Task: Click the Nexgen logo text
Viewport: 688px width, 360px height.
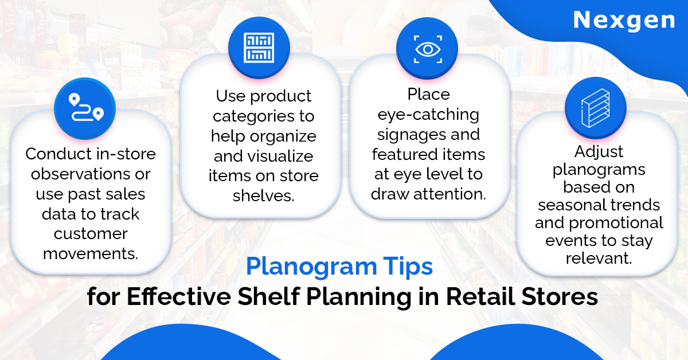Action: point(624,21)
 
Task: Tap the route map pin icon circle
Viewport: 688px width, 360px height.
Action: point(85,108)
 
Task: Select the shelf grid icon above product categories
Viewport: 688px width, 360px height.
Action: point(259,48)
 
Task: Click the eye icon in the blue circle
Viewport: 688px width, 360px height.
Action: point(428,49)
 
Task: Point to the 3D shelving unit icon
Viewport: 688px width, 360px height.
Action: point(596,108)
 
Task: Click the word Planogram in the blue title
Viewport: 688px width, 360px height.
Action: point(311,267)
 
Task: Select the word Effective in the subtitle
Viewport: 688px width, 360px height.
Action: point(178,296)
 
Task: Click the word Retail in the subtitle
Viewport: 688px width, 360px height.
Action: point(480,296)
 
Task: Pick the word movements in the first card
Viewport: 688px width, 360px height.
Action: point(91,254)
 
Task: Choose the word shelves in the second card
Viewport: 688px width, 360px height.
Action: point(263,195)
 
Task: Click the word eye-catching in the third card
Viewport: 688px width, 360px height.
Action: point(428,115)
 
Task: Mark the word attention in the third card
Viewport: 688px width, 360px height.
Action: point(449,194)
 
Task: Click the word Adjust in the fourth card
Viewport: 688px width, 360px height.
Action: point(599,152)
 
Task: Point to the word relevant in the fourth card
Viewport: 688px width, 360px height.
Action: point(599,258)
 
